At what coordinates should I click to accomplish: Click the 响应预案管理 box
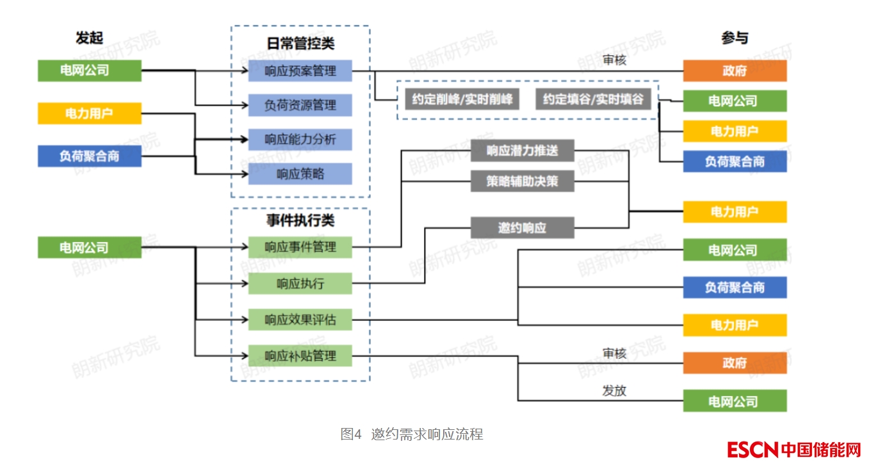coord(300,70)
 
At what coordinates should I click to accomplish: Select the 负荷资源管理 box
coord(300,104)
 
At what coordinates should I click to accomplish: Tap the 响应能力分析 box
coord(300,139)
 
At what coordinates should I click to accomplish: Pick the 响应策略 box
coord(300,174)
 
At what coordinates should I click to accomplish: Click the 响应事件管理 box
coord(300,247)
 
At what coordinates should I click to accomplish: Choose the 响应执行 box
coord(300,283)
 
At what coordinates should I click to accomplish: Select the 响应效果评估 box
coord(300,319)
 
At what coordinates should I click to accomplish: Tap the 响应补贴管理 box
coord(300,356)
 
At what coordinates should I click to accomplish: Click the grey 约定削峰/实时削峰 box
coord(461,99)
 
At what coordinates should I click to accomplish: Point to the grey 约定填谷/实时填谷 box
coord(593,99)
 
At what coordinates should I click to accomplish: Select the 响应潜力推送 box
coord(522,151)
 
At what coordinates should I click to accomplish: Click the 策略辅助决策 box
coord(522,181)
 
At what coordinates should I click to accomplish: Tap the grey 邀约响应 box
coord(522,227)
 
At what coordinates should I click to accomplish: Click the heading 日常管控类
coord(300,44)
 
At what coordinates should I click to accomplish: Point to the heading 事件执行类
coord(300,220)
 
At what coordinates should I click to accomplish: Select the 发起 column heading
coord(89,38)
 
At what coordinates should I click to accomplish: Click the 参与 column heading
coord(734,38)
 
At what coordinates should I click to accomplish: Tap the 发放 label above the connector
coord(614,390)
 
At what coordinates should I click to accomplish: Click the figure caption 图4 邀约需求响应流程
coord(412,434)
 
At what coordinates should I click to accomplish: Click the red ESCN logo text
coord(752,450)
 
